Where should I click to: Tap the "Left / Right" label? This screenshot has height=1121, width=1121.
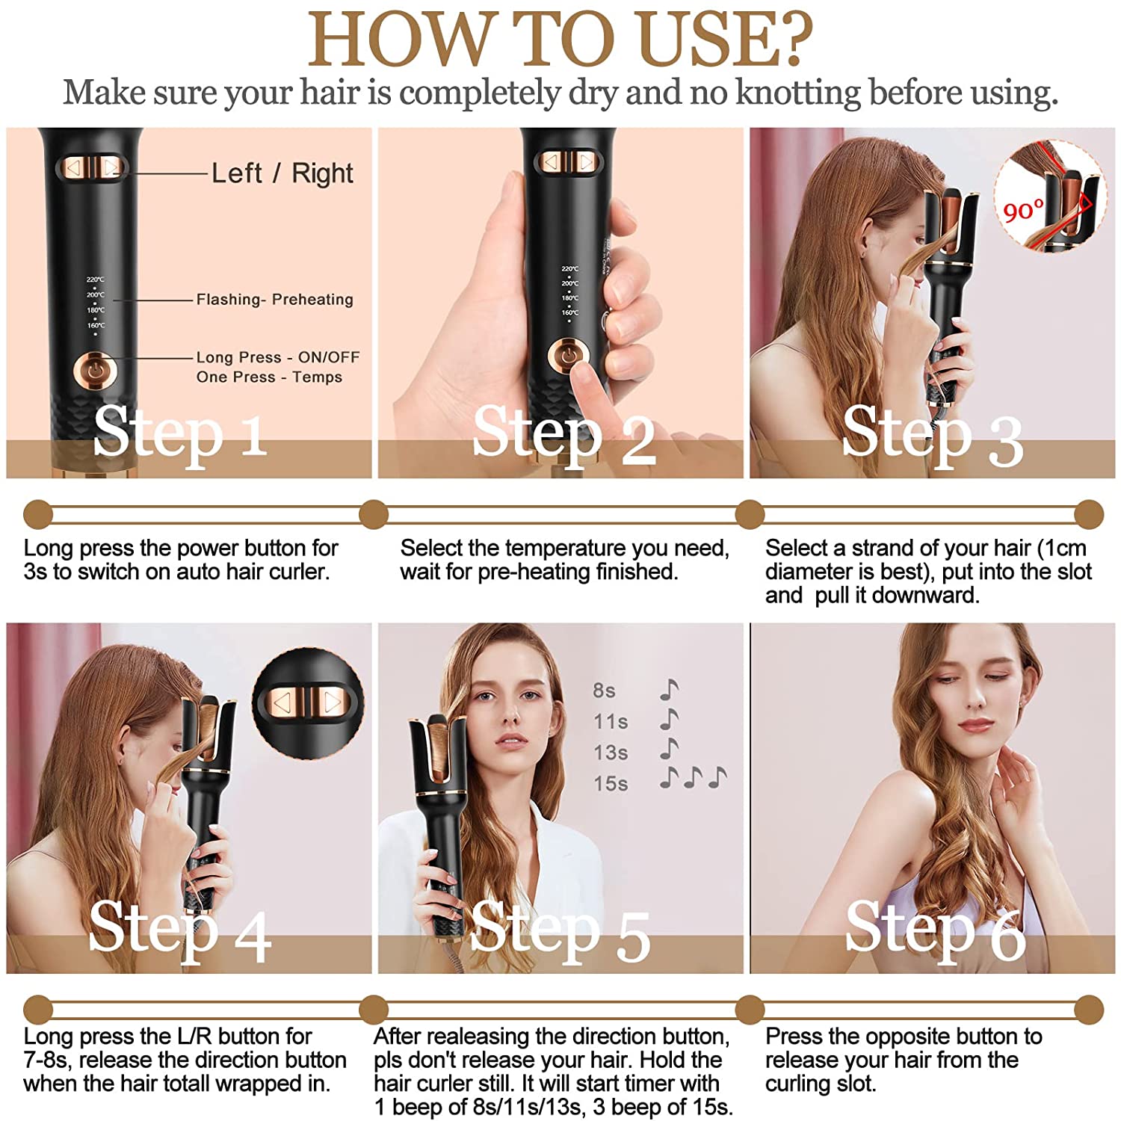(x=282, y=173)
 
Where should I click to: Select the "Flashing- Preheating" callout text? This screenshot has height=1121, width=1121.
(x=274, y=300)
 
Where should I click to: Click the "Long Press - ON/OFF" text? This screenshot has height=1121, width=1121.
(x=278, y=357)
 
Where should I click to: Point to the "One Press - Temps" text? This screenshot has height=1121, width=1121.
(x=269, y=377)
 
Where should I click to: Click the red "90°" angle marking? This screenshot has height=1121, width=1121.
(x=1023, y=211)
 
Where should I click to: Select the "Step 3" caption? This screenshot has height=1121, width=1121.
(x=932, y=436)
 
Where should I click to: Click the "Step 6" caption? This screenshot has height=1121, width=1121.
(x=935, y=930)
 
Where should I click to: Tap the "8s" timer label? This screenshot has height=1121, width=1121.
(x=604, y=691)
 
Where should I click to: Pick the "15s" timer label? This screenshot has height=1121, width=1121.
(x=611, y=784)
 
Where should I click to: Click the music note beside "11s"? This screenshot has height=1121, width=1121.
(x=669, y=720)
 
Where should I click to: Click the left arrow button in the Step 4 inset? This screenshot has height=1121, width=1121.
(x=282, y=702)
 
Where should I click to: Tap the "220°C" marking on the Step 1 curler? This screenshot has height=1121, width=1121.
(x=95, y=280)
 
